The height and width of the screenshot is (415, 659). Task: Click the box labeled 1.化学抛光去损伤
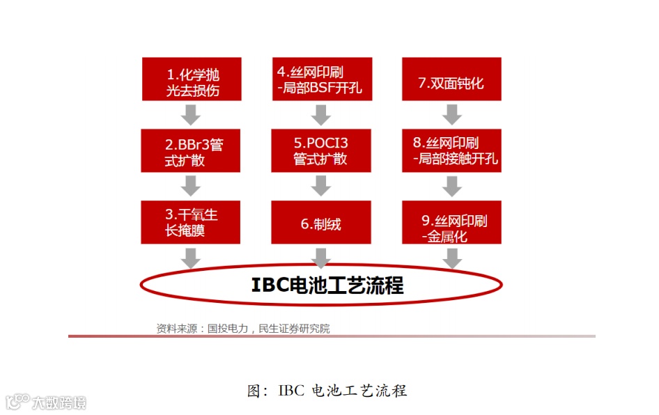(191, 79)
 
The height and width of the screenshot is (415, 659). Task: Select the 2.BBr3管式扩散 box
(191, 151)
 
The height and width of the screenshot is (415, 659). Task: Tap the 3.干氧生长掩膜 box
(191, 222)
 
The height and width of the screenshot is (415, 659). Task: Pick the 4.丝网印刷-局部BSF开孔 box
(322, 79)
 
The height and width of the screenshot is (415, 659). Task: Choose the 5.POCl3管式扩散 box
(322, 151)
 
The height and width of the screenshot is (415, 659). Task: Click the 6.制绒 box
(322, 222)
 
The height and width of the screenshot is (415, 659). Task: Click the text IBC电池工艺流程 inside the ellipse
(327, 285)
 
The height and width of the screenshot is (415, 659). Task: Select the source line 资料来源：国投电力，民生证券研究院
(243, 329)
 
